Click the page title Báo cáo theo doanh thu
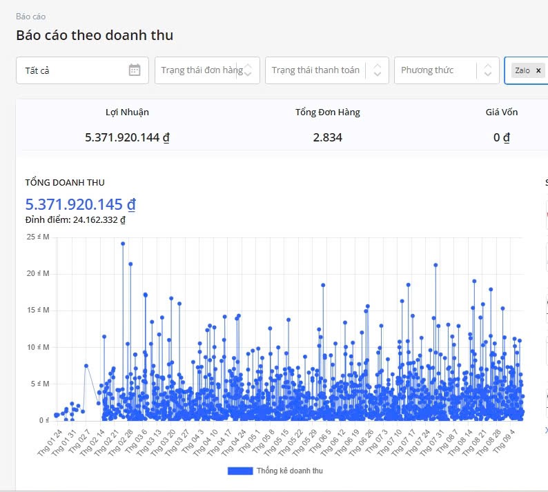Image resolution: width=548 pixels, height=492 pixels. pyautogui.click(x=95, y=35)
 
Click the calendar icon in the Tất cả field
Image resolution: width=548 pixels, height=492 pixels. pyautogui.click(x=135, y=70)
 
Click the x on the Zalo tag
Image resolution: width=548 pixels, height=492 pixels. pyautogui.click(x=538, y=70)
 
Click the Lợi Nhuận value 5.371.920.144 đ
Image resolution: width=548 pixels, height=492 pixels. pyautogui.click(x=127, y=137)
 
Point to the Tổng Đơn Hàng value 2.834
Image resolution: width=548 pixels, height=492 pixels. pyautogui.click(x=327, y=137)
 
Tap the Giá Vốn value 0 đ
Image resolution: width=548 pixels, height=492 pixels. pyautogui.click(x=501, y=137)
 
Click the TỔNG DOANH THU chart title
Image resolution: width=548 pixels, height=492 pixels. pyautogui.click(x=65, y=182)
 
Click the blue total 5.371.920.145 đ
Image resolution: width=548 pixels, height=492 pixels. pyautogui.click(x=80, y=204)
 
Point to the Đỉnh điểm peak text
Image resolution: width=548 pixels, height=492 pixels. pyautogui.click(x=75, y=220)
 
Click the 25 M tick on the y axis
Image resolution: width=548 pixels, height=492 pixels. pyautogui.click(x=38, y=237)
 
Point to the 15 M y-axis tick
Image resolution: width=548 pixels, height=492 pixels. pyautogui.click(x=38, y=310)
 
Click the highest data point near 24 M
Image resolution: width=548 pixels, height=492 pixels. pyautogui.click(x=123, y=244)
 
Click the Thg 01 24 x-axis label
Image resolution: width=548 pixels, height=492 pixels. pyautogui.click(x=49, y=439)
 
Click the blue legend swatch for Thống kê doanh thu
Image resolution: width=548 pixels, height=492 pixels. pyautogui.click(x=239, y=471)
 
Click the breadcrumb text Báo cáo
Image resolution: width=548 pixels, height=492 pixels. pyautogui.click(x=30, y=16)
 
